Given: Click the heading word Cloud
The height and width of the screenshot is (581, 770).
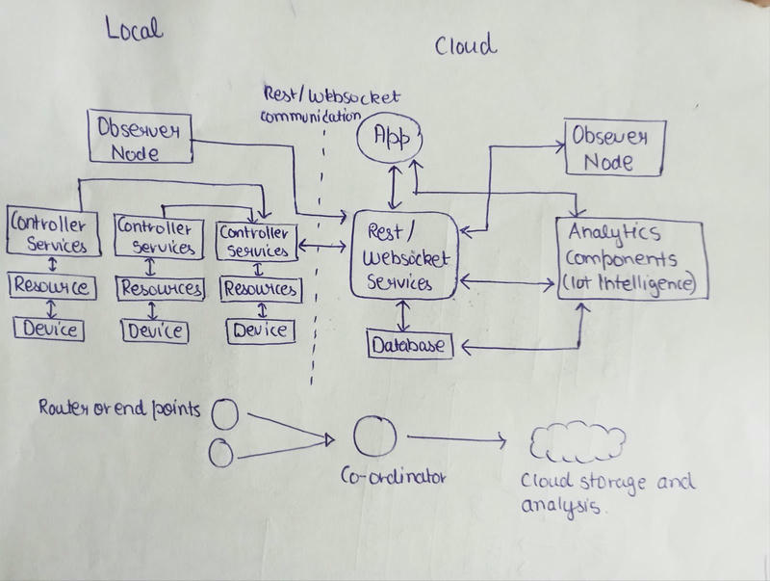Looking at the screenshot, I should point(466,44).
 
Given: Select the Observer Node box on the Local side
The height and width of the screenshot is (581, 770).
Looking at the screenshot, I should point(141,138).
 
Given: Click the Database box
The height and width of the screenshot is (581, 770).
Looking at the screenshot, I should point(409,342).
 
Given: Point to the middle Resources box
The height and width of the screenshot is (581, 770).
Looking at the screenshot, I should point(160,288).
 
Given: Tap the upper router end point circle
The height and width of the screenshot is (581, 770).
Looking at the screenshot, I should point(224,413).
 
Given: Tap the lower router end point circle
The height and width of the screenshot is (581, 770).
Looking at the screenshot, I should point(221,452).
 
